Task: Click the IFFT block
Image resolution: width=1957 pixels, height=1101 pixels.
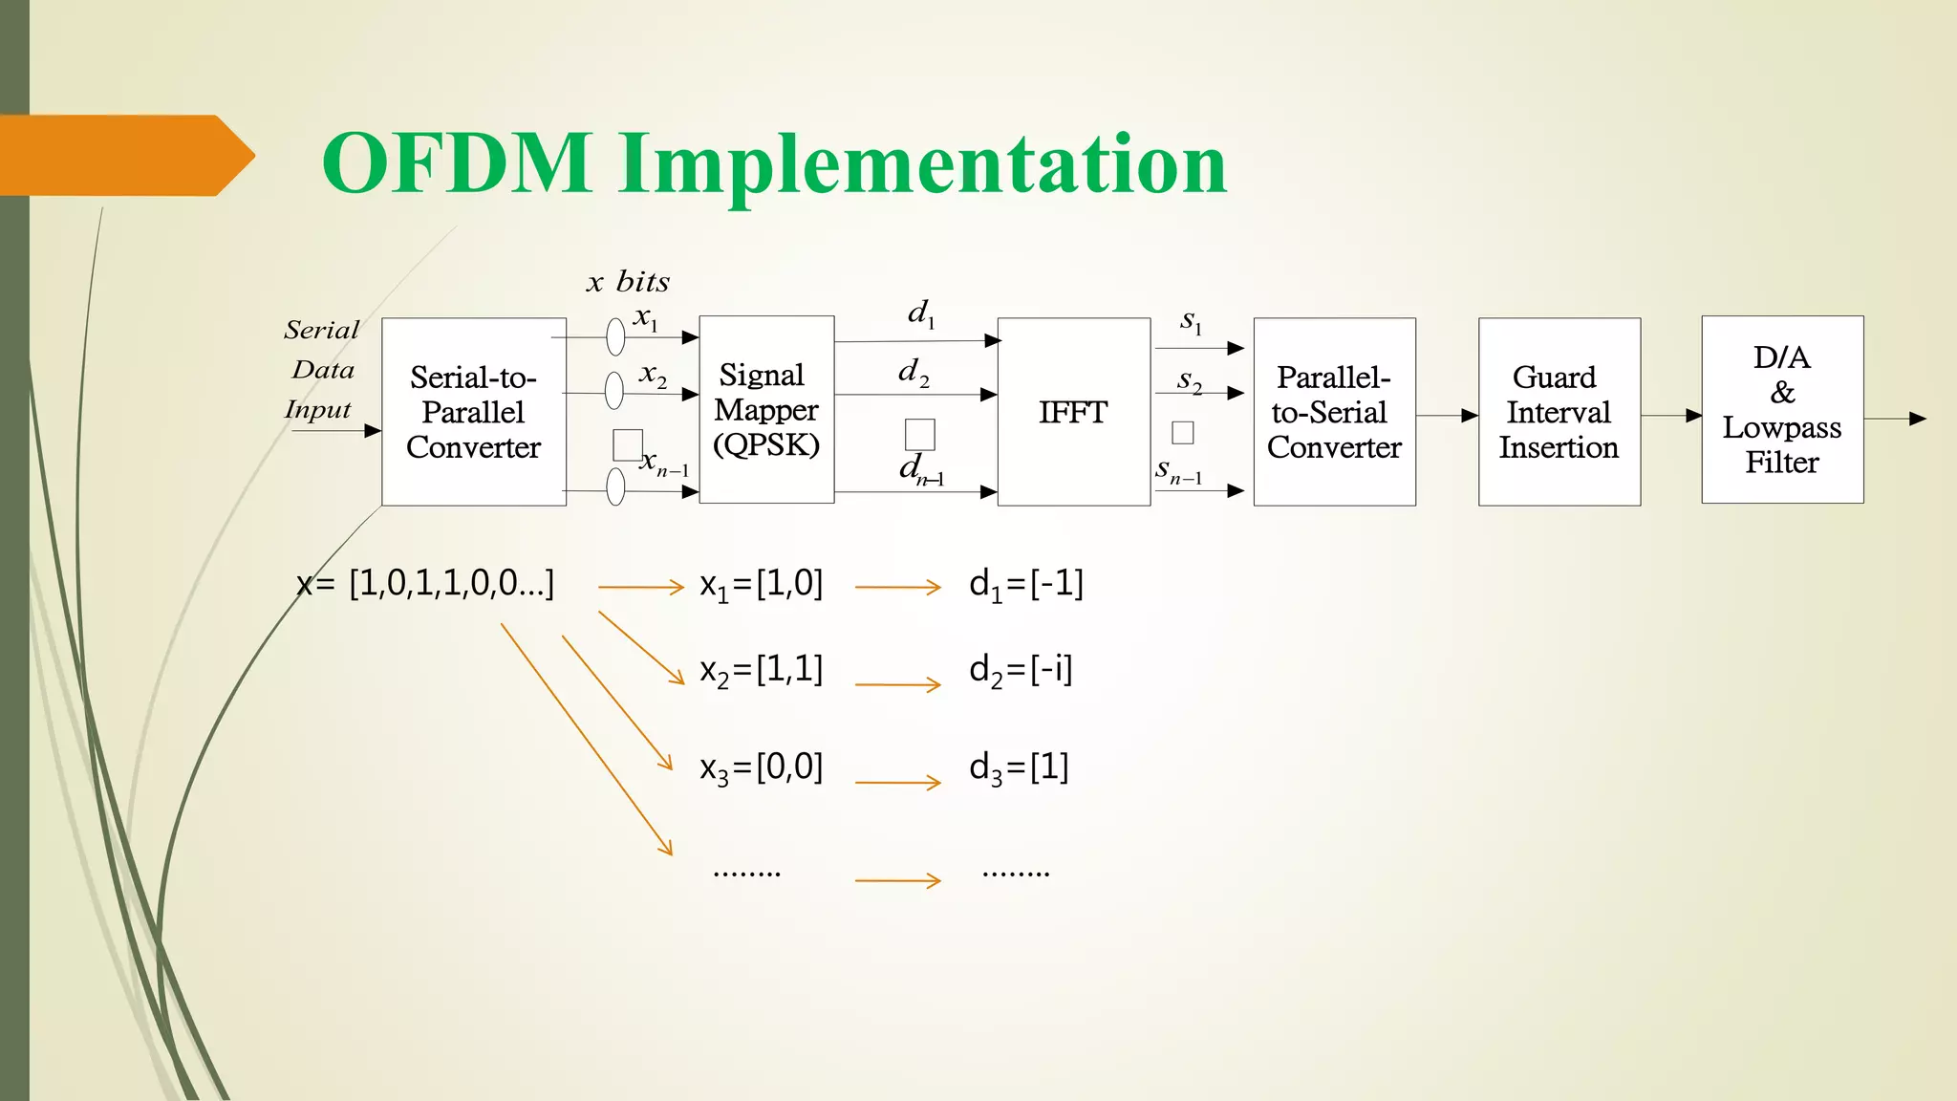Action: (x=1073, y=412)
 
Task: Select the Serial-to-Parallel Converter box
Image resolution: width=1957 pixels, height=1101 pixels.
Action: (x=473, y=412)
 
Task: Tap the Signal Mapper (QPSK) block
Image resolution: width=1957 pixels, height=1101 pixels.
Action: (x=766, y=410)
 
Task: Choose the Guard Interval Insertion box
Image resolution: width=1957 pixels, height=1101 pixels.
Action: (x=1559, y=412)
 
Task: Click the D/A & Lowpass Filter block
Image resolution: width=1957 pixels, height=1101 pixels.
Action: (x=1781, y=410)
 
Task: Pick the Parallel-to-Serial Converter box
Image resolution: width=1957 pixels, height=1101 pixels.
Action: (x=1334, y=412)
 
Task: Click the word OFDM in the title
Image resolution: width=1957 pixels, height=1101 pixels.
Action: (x=457, y=163)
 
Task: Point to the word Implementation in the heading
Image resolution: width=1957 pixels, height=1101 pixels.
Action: (x=922, y=163)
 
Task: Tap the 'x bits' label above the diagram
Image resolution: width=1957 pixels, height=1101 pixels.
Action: (x=628, y=282)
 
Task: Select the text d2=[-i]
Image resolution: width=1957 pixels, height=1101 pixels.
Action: (x=1021, y=670)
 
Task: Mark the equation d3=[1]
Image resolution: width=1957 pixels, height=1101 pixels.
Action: (x=1019, y=767)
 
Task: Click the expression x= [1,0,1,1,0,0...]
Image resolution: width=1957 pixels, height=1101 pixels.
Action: (x=425, y=583)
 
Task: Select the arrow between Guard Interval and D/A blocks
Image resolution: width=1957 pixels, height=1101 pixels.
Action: (x=1671, y=416)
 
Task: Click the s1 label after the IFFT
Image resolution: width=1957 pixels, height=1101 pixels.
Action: (x=1191, y=321)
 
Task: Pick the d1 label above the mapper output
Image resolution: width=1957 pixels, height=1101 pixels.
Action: (x=921, y=313)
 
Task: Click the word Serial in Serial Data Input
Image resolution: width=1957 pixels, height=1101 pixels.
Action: (x=321, y=331)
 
